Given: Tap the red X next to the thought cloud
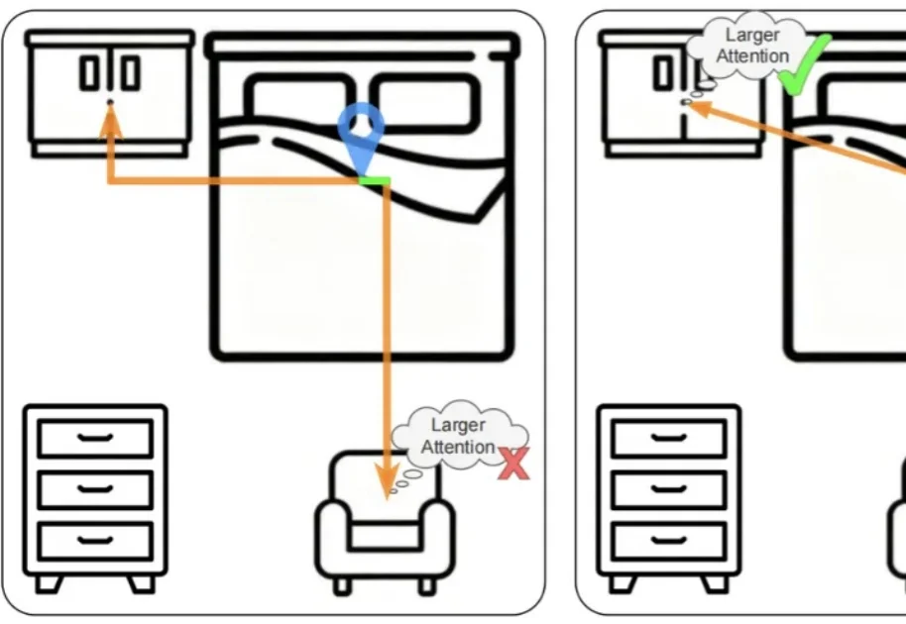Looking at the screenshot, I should point(512,464).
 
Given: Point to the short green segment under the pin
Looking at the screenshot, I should point(375,181).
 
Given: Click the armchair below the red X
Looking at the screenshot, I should point(385,525).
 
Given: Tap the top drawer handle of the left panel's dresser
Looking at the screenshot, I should point(95,436).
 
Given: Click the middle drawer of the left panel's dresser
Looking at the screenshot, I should point(95,489).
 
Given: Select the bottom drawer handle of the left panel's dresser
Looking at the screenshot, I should point(95,540).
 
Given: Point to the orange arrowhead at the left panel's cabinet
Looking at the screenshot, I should point(110,118).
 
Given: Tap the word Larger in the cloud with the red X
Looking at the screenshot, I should point(458,426).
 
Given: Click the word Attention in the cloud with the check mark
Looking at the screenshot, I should point(752,56).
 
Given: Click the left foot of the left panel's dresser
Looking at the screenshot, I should point(48,583).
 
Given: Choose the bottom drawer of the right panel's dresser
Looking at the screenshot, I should point(668,541).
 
